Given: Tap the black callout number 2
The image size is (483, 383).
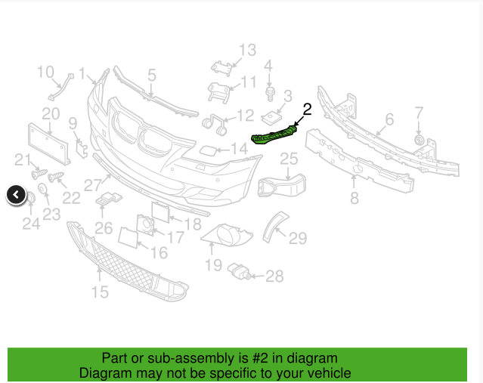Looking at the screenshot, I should pyautogui.click(x=307, y=109).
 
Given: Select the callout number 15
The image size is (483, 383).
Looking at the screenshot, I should pyautogui.click(x=100, y=292).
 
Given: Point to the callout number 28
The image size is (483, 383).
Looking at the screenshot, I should pyautogui.click(x=274, y=276).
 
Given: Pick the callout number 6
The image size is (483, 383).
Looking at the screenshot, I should pyautogui.click(x=389, y=119).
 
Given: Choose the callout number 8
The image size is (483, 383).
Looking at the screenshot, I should pyautogui.click(x=354, y=198).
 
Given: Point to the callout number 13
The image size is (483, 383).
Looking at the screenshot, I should pyautogui.click(x=248, y=51).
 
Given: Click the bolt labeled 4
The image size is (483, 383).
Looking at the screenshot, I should pyautogui.click(x=269, y=93).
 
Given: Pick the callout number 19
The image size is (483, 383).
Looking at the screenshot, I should pyautogui.click(x=213, y=265).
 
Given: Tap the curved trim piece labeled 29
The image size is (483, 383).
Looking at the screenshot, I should pyautogui.click(x=274, y=224).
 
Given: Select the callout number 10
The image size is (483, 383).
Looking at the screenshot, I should pyautogui.click(x=45, y=73).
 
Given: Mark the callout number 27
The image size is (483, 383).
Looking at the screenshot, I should pyautogui.click(x=92, y=184).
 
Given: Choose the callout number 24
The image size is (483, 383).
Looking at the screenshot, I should pyautogui.click(x=31, y=224).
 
